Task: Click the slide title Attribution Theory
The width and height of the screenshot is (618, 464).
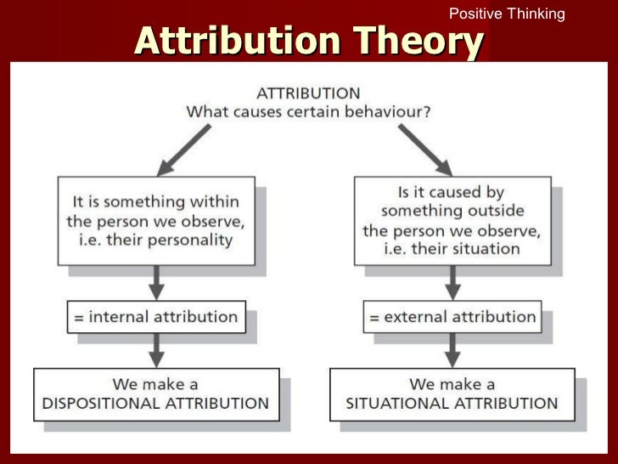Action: pos(309,41)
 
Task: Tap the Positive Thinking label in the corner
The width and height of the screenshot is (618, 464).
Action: pos(506,14)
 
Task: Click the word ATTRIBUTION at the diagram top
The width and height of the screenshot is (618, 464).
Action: pos(309,93)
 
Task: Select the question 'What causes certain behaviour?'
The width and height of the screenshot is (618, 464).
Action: pos(309,111)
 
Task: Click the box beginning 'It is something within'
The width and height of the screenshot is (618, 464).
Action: pos(155,220)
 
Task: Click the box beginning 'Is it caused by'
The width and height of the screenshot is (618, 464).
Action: pos(451,220)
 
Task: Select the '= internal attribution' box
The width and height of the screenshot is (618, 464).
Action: pos(155,317)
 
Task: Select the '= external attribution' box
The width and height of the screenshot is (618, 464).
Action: pos(451,317)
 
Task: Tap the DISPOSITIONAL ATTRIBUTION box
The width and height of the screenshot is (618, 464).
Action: pos(155,393)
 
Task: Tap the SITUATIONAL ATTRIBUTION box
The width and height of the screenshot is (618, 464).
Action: pos(451,393)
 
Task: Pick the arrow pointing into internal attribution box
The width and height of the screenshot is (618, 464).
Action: pos(155,282)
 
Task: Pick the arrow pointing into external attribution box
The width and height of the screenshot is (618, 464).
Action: pos(451,282)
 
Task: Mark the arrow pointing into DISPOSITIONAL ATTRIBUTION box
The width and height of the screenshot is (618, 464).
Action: pos(155,350)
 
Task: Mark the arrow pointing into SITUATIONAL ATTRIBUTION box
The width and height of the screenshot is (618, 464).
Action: pos(451,350)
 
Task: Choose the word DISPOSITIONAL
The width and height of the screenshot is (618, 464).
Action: pos(100,404)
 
